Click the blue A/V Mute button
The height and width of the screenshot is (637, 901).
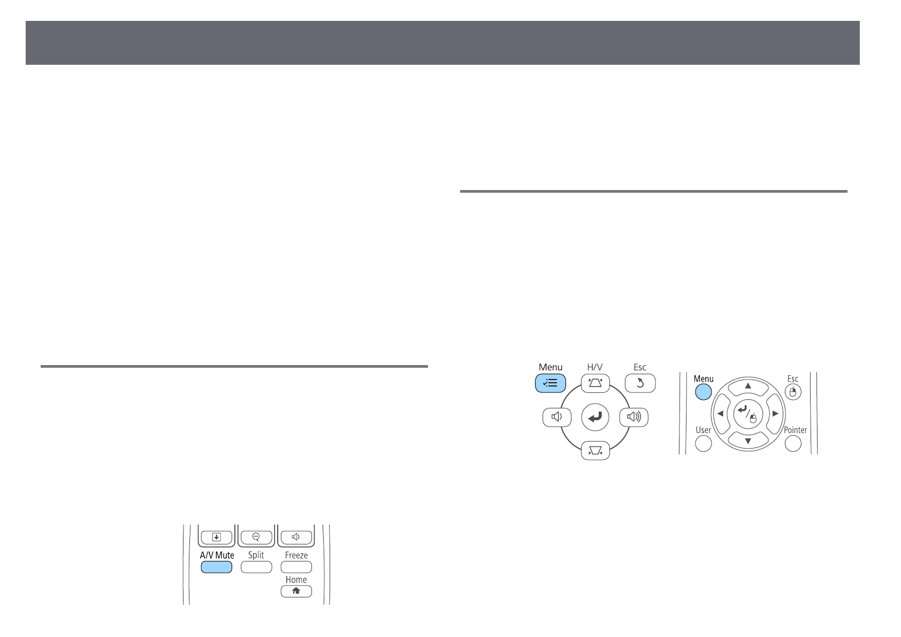217,567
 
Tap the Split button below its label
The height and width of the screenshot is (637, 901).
256,567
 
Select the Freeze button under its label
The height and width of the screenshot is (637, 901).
296,567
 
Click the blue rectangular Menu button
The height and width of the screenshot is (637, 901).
550,383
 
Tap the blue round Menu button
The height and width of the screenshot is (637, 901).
703,392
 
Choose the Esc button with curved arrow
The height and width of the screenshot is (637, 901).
640,383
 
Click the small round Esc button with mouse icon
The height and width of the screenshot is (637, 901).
793,392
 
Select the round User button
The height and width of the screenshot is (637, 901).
703,443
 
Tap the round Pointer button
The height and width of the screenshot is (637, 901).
793,443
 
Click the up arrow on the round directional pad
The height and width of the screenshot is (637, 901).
749,386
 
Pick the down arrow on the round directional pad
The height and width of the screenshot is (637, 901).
749,441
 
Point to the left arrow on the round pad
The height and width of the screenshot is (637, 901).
721,414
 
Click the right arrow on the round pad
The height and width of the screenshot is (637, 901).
775,414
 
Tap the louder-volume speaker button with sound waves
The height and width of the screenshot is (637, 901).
633,417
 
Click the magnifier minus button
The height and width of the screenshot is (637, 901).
256,536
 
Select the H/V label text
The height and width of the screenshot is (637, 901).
595,367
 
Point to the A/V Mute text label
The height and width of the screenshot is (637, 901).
217,555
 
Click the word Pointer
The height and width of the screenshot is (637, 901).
795,430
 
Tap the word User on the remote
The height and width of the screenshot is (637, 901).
703,430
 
